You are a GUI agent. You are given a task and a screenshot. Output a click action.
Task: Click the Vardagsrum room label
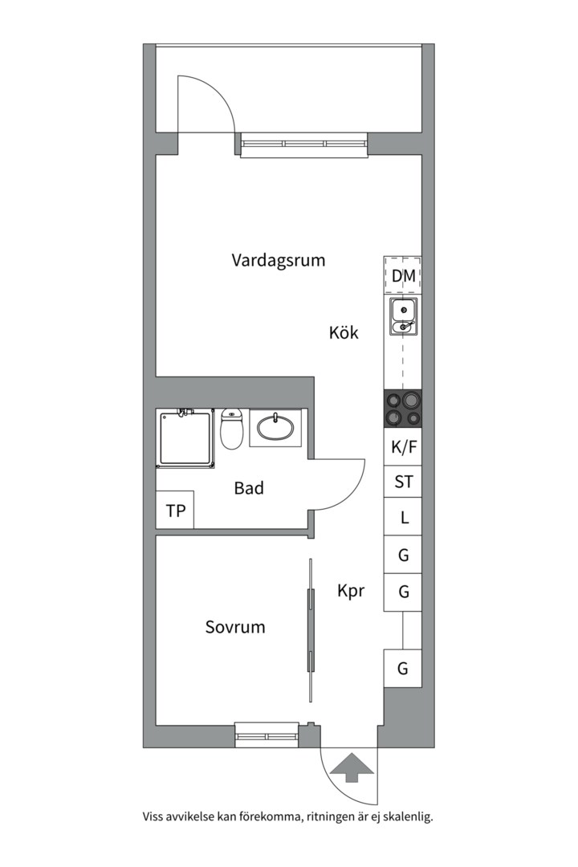[x=278, y=260]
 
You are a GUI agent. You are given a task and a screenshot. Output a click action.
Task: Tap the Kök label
[x=343, y=332]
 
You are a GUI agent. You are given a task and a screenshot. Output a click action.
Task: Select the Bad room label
[x=249, y=487]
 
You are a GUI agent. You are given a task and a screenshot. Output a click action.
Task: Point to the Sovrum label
[x=234, y=627]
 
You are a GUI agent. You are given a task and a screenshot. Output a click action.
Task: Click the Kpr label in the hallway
[x=351, y=591]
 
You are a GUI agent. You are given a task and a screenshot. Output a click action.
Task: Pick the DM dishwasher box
[x=404, y=276]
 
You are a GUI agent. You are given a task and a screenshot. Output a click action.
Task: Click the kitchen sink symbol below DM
[x=403, y=316]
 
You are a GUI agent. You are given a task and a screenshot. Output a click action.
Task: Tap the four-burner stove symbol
[x=403, y=409]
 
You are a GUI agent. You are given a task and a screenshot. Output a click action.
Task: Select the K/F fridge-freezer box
[x=404, y=446]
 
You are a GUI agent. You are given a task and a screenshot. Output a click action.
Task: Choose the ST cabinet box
[x=404, y=482]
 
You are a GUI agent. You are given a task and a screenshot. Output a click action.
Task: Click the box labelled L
[x=404, y=518]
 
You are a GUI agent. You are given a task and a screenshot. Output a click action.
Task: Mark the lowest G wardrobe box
[x=404, y=668]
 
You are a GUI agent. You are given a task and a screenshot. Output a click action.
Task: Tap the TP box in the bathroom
[x=175, y=511]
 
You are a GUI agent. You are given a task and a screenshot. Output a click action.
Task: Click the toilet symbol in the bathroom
[x=232, y=429]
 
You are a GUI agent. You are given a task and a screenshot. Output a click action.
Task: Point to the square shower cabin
[x=186, y=438]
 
